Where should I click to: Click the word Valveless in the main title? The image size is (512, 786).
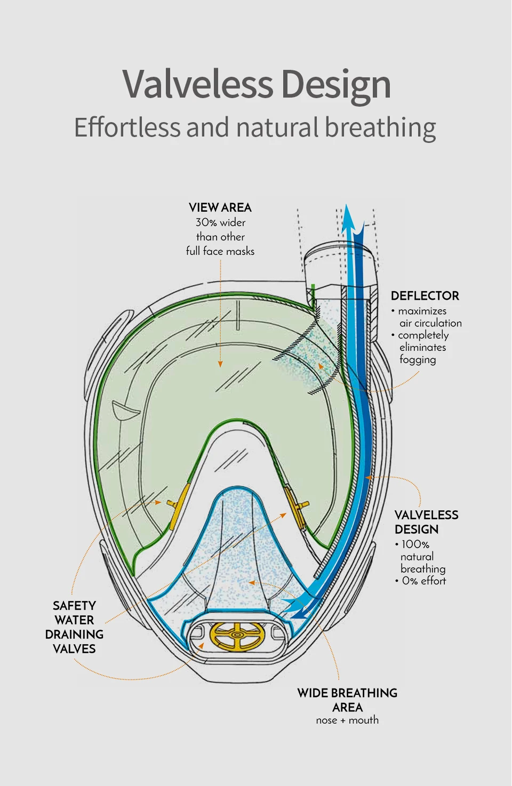point(197,84)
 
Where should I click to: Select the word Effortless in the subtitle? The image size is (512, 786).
point(127,127)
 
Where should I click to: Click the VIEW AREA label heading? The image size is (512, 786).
point(220,208)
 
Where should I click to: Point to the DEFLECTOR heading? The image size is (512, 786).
point(425,296)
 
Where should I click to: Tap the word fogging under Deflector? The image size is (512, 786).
point(418,360)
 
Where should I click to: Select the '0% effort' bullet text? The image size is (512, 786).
point(424,581)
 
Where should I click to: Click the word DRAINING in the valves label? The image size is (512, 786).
point(74,635)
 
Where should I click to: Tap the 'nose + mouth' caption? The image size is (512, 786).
point(347,720)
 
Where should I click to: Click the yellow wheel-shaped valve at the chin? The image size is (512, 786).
point(237,636)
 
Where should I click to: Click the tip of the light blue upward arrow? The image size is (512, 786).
point(346,204)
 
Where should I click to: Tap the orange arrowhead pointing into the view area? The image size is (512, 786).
point(220,364)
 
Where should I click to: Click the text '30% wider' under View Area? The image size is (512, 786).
point(220,222)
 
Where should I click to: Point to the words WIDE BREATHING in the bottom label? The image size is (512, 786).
point(347,693)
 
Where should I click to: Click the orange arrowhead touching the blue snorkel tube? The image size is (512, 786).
point(369,477)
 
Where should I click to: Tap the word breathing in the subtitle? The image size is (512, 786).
point(380,127)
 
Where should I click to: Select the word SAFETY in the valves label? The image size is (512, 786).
point(74,606)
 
